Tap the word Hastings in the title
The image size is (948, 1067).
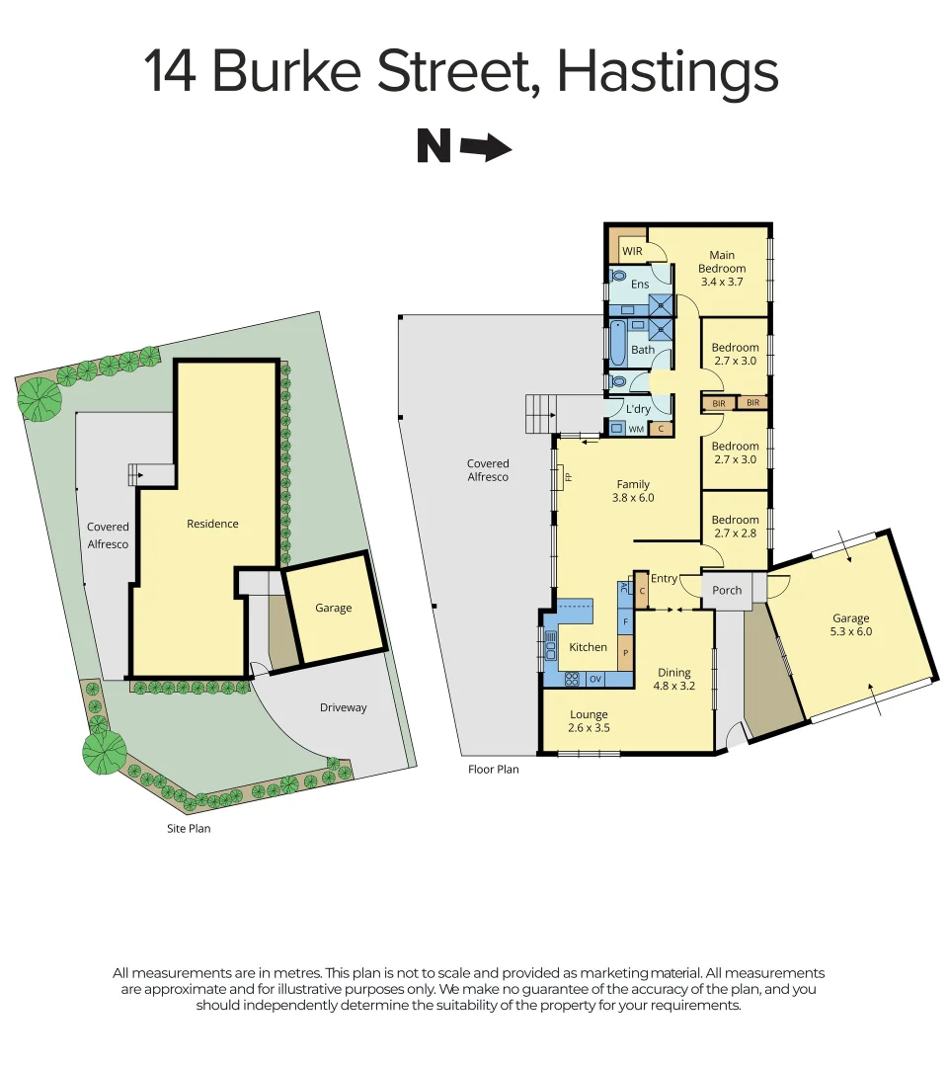[668, 71]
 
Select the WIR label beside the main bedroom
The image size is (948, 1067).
[632, 251]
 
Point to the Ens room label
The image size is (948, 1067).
[640, 285]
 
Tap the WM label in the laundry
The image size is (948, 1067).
[636, 429]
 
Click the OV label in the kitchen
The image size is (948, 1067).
[595, 679]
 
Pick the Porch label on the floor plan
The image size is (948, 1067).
[727, 590]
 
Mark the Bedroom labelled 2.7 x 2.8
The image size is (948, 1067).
[736, 527]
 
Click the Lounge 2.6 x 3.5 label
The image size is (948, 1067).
[589, 721]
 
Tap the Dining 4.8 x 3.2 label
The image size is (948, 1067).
[674, 679]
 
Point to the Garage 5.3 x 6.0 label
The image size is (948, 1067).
[850, 624]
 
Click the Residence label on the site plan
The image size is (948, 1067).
[212, 524]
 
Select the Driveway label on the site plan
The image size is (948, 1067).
[343, 707]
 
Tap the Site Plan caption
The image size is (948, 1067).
[188, 829]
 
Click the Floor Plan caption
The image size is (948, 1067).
[493, 769]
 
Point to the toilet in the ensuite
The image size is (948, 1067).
[618, 277]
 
